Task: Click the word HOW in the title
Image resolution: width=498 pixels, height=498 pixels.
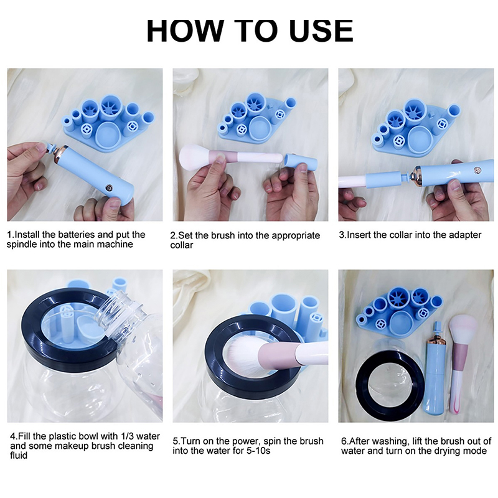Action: point(184,31)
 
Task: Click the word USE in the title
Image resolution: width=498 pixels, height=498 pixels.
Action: point(321,31)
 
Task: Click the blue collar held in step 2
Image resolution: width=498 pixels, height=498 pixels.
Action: point(301,162)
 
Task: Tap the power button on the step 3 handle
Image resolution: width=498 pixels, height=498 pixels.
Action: point(477,171)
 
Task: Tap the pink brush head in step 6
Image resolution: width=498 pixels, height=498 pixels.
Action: point(463,329)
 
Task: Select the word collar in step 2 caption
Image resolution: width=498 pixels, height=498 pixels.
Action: point(181,245)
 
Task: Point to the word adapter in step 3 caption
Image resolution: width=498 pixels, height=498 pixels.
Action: point(465,235)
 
